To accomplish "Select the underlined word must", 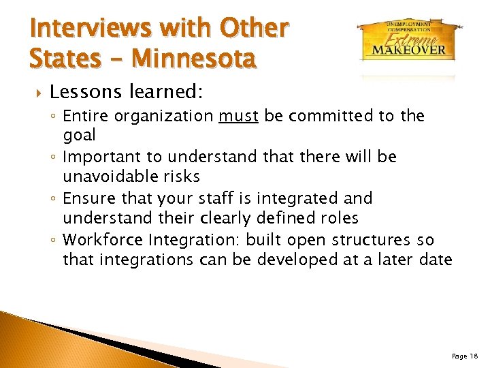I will pos(238,117).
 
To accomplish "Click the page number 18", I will pos(465,356).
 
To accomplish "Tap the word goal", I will pos(80,135).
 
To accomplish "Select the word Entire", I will pos(86,117).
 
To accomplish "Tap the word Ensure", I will pos(88,198).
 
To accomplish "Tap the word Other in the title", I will pos(255,28).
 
